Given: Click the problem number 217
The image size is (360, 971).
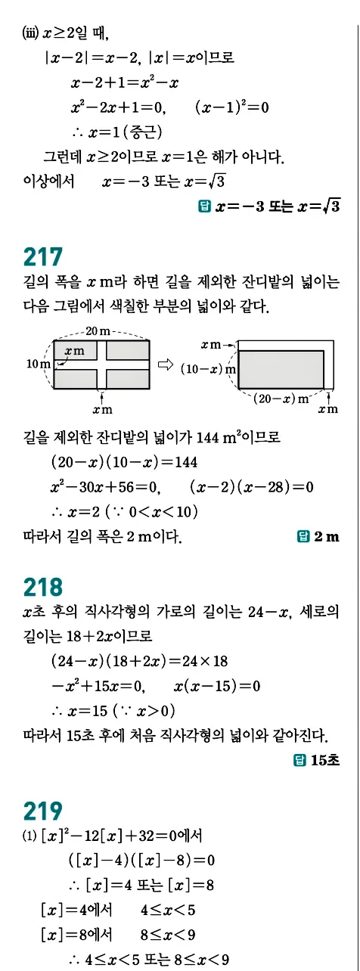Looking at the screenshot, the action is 42,257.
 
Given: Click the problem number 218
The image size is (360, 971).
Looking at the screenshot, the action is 42,588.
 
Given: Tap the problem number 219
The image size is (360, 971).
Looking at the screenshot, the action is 42,811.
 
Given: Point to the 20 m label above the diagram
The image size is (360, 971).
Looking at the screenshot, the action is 100,331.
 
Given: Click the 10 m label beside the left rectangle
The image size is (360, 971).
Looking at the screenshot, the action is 38,364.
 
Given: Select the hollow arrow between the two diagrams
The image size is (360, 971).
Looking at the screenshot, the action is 165,364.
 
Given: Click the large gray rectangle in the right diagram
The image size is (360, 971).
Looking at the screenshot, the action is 281,369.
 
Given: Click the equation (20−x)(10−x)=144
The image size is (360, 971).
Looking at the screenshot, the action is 124,462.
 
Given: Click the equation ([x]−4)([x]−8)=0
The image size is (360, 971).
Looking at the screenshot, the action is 141,860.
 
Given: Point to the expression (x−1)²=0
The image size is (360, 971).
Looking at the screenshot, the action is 231,107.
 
